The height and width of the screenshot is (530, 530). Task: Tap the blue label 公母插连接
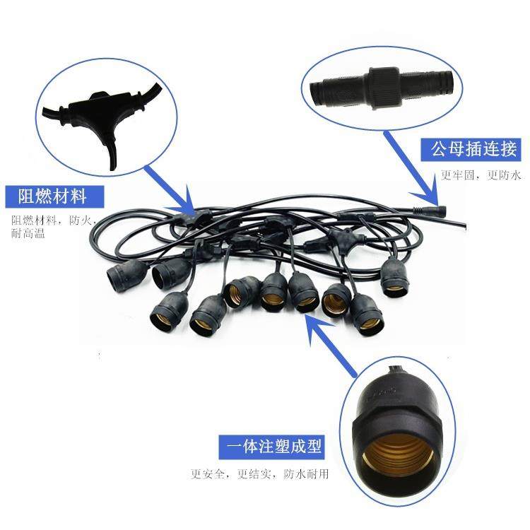tap(470, 150)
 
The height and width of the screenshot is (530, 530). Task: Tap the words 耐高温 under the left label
tap(28, 232)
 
